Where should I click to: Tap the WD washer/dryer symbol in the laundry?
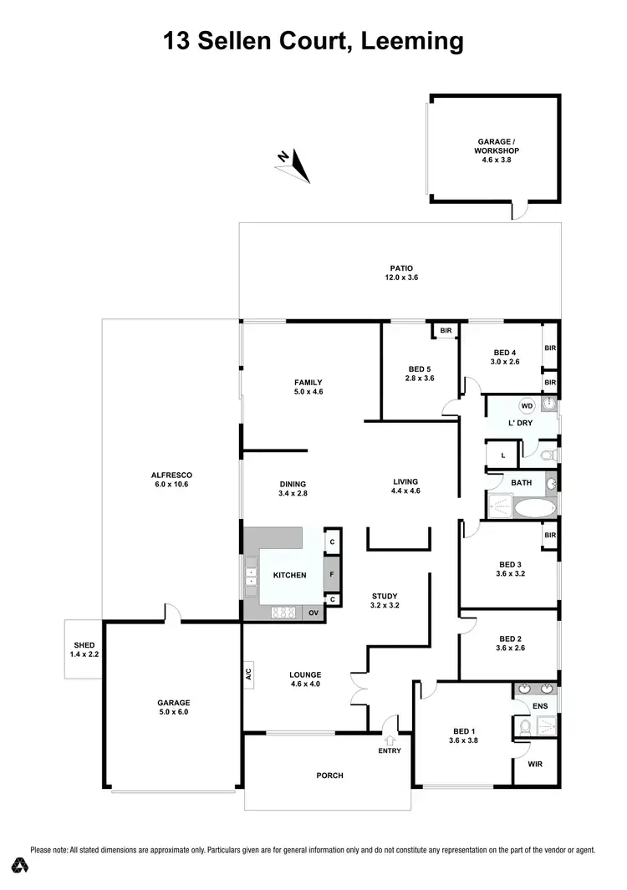[527, 406]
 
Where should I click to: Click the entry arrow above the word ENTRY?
[390, 739]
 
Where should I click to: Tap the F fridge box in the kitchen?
[332, 574]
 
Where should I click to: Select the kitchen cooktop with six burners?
[284, 613]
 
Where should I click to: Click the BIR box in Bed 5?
[446, 331]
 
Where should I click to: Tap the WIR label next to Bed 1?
[534, 764]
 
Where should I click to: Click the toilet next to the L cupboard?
[546, 456]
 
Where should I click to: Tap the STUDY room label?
[385, 596]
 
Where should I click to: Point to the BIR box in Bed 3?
[550, 535]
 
